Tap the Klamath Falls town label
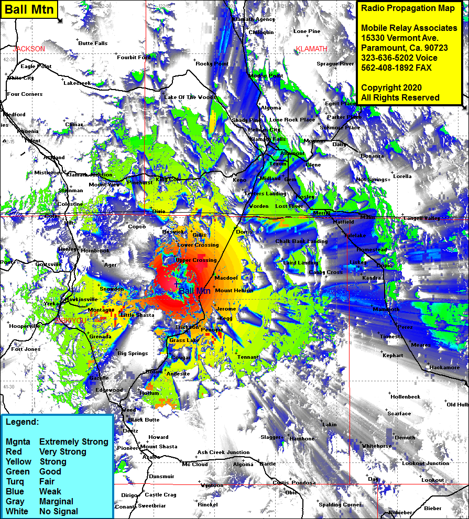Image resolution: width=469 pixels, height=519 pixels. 268,139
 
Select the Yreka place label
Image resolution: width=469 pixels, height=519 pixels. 51,304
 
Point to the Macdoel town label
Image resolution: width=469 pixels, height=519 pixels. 226,278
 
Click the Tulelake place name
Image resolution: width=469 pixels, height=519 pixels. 355,236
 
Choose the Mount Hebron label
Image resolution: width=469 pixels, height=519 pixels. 234,290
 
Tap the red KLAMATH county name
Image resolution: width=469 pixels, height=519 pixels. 311,49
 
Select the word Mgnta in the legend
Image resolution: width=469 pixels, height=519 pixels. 18,441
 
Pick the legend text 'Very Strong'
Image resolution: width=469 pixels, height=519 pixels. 62,451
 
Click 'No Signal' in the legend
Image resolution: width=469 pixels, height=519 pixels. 58,511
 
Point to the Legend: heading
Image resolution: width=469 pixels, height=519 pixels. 23,422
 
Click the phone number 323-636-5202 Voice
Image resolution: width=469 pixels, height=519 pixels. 399,58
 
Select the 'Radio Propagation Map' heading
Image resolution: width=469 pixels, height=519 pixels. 408,8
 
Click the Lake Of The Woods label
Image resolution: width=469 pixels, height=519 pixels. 190,97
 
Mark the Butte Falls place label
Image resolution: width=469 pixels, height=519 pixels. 93,43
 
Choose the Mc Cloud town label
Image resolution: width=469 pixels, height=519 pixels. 194,464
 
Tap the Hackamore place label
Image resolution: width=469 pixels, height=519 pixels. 444,367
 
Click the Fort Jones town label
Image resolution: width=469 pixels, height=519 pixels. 26,349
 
